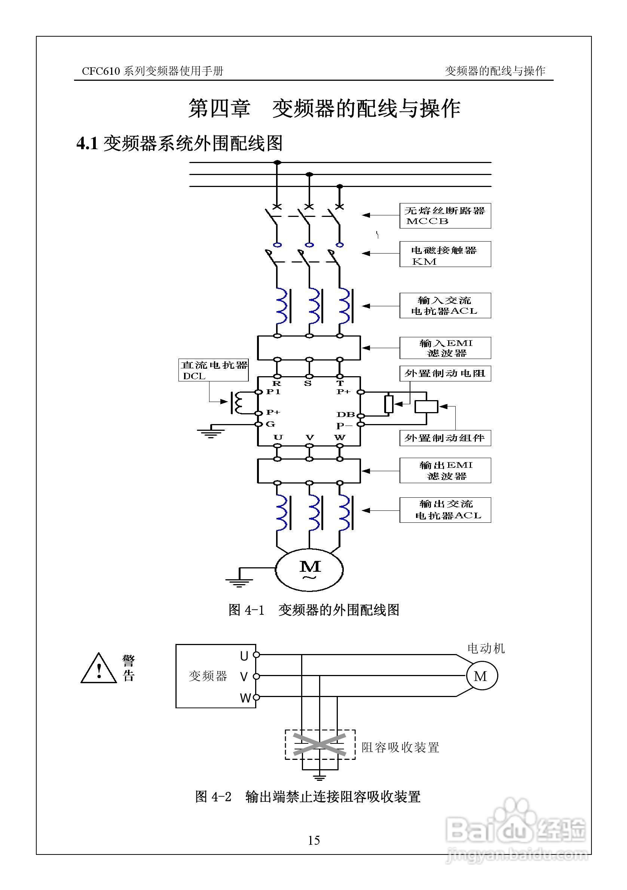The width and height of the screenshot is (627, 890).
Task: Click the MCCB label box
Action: point(445,215)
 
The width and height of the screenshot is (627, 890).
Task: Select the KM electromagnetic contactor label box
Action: point(445,254)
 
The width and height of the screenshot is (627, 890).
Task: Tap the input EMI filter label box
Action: point(445,348)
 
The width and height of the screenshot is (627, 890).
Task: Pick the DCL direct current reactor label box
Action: point(213,370)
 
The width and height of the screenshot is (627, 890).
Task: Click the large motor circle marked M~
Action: point(309,570)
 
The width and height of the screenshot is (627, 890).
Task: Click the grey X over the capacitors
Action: point(319,744)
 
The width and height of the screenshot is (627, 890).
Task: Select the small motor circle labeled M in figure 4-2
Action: point(481,676)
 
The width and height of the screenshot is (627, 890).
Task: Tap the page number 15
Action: point(314,840)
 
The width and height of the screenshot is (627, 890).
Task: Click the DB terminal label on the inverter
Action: point(345,414)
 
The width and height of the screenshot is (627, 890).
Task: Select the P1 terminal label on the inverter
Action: point(273,392)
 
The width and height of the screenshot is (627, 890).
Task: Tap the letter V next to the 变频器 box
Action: point(244,677)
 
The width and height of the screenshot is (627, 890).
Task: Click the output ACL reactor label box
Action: point(445,510)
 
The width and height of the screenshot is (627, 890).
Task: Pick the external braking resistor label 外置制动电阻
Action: point(445,373)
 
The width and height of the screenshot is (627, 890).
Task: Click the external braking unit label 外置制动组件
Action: point(445,438)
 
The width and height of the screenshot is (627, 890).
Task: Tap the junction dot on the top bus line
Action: point(277,162)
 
